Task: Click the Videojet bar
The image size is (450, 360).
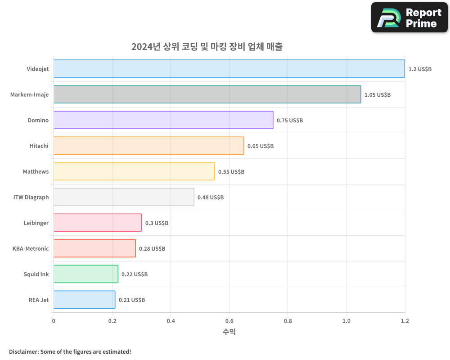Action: click(229, 69)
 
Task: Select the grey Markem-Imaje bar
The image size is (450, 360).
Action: click(207, 94)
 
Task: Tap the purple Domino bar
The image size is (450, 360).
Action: click(163, 120)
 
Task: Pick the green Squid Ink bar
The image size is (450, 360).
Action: click(85, 274)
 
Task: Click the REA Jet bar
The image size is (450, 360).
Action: click(84, 300)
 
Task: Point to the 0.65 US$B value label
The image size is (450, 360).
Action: click(261, 146)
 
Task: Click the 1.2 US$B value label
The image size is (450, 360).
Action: click(420, 69)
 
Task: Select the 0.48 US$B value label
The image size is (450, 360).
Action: click(211, 198)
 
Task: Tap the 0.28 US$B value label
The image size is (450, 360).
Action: click(152, 249)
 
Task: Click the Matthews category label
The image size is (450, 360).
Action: click(36, 172)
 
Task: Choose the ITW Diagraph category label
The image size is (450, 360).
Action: click(31, 198)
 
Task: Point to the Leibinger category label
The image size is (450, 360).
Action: click(36, 223)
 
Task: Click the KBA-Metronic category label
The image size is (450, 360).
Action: click(31, 249)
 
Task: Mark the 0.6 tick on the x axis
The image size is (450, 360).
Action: click(229, 321)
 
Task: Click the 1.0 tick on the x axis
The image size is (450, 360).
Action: click(346, 321)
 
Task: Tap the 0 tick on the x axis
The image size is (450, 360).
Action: click(54, 321)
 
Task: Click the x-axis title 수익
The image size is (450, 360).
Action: click(229, 332)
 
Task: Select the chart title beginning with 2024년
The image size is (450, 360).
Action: click(207, 47)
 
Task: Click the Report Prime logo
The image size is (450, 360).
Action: click(409, 18)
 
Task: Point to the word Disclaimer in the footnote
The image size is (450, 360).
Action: click(23, 352)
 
